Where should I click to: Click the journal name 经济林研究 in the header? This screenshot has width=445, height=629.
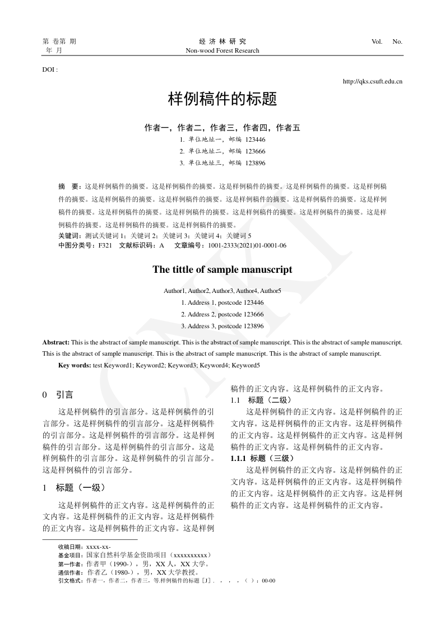[222, 41]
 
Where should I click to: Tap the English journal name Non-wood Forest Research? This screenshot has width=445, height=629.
[222, 50]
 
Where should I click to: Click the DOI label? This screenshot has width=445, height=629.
[50, 69]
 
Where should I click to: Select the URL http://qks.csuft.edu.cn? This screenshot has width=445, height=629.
[372, 82]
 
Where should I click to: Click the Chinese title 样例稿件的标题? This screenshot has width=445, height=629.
[222, 100]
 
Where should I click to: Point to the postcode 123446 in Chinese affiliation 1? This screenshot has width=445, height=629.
[256, 139]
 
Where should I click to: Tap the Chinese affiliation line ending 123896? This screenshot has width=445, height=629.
[222, 163]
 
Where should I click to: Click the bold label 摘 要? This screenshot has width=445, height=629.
[69, 185]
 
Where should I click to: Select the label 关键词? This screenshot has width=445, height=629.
[70, 236]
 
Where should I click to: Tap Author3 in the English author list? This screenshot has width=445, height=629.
[223, 291]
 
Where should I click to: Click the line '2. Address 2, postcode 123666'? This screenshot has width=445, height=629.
[222, 314]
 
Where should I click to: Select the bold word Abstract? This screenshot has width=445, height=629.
[56, 341]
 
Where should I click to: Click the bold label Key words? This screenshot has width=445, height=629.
[75, 365]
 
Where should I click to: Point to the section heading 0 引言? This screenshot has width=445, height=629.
[58, 395]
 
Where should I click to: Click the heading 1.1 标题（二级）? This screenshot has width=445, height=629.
[261, 400]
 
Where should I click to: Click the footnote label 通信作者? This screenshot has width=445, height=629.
[71, 572]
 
